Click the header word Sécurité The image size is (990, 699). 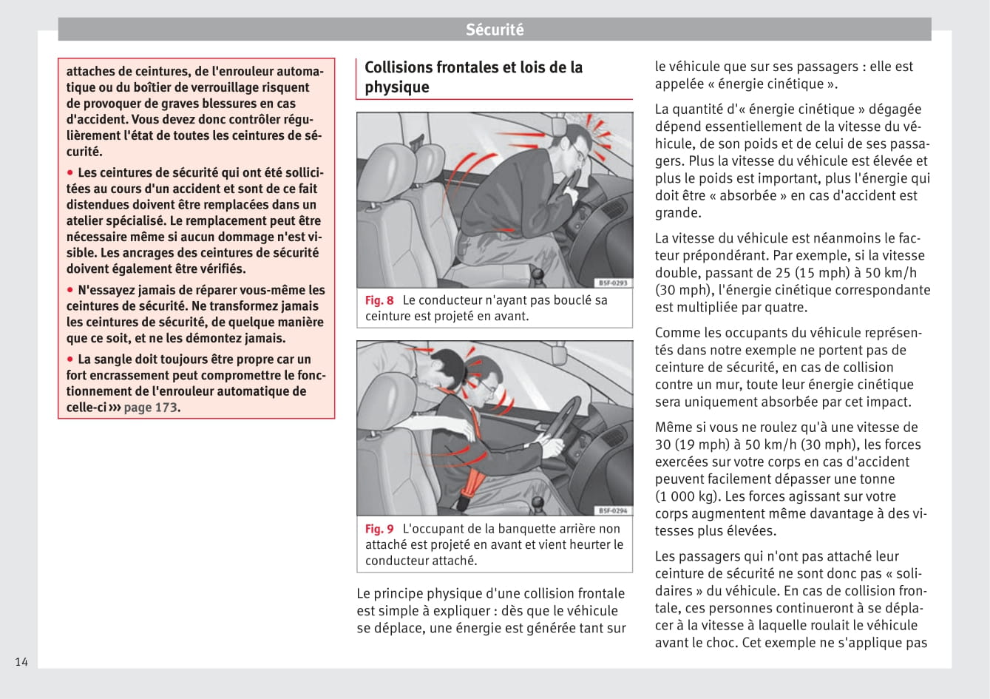coord(495,30)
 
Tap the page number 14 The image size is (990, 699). coord(21,661)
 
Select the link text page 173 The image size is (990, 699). coord(150,407)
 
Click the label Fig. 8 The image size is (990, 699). coord(379,300)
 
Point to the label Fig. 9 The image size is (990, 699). coord(379,529)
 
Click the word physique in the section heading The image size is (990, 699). coord(396,87)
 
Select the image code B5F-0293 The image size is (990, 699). coord(612,283)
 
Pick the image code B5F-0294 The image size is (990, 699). coord(612,510)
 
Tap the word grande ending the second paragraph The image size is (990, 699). coord(677,213)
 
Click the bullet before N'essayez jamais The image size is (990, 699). coord(71,290)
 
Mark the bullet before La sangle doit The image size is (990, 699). coord(71,359)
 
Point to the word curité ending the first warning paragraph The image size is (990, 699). coord(83,152)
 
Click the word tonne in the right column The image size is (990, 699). coord(876,479)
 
